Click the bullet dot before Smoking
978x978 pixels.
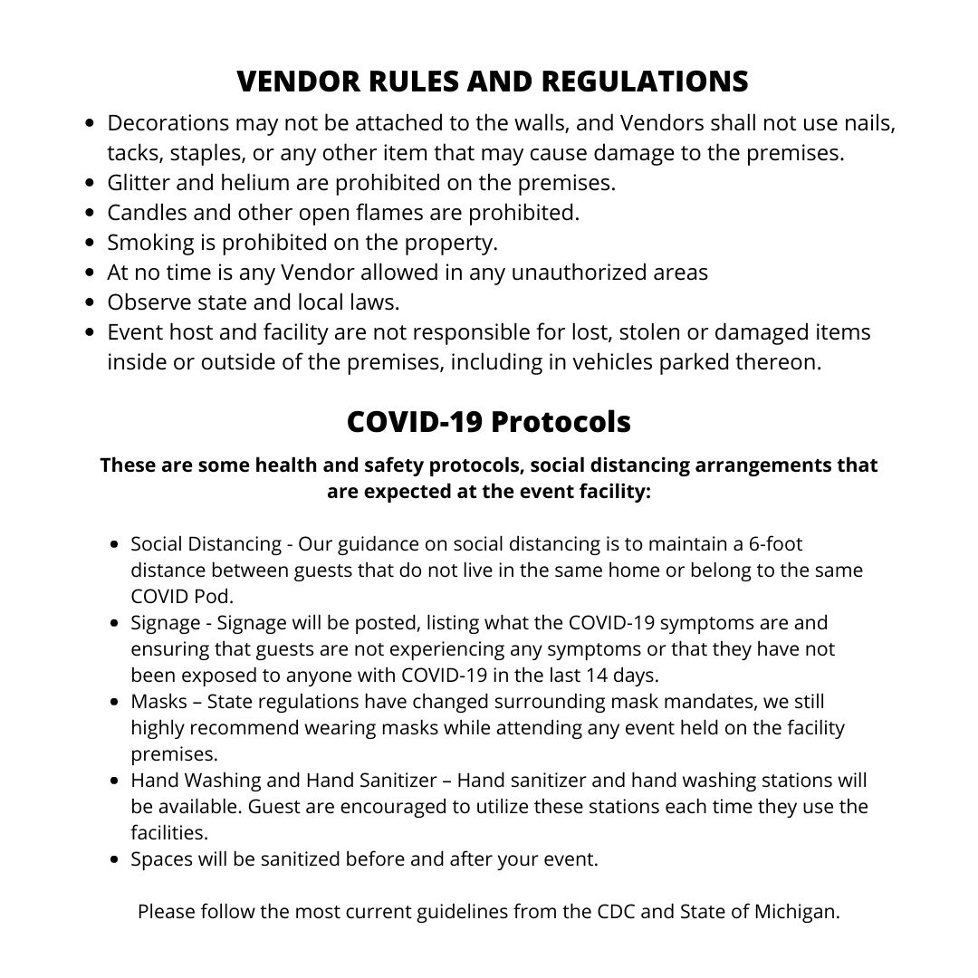[90, 243]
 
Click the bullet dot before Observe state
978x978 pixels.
[90, 302]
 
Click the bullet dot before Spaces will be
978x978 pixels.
[114, 859]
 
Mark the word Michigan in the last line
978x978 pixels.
[796, 911]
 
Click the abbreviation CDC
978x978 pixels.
[619, 911]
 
